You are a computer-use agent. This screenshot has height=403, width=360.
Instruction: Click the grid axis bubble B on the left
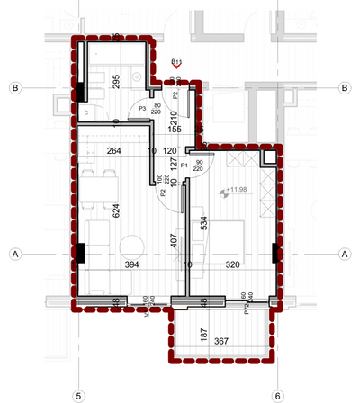tap(15, 88)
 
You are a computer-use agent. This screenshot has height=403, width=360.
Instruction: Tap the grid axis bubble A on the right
tap(345, 255)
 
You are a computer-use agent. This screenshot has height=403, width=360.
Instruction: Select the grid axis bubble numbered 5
tap(78, 393)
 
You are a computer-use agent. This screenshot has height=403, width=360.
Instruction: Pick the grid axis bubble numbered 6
tap(277, 393)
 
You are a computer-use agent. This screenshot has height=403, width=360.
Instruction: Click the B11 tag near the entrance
tap(176, 61)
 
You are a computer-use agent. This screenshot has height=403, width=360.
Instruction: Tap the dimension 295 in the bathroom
tap(116, 85)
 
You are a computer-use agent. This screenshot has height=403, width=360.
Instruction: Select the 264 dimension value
tap(114, 151)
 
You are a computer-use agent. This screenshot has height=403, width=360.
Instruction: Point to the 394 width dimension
tap(132, 264)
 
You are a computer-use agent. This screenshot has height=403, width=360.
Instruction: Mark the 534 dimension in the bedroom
tap(204, 224)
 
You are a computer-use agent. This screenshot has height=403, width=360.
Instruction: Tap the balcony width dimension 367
tap(222, 340)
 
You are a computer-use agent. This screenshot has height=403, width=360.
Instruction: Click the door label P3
tap(130, 109)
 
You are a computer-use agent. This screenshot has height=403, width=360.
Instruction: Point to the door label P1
tap(184, 166)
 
